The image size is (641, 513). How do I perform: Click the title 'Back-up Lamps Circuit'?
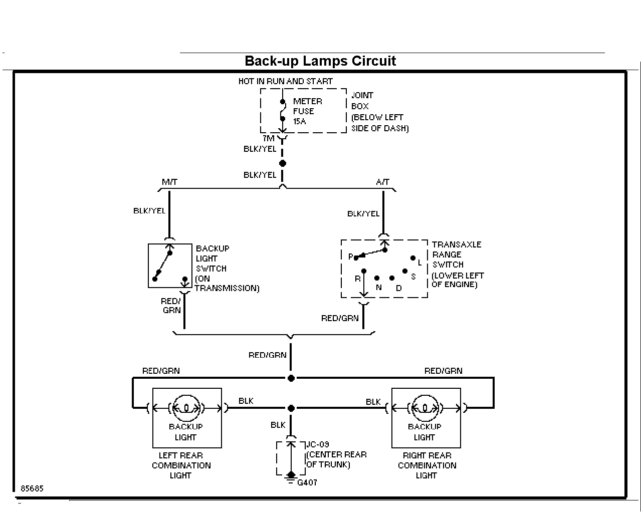(320, 61)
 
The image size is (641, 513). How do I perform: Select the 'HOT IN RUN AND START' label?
(285, 81)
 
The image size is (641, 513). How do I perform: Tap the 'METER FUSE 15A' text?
(307, 111)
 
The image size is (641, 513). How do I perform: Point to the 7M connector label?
(268, 138)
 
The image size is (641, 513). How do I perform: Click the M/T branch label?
(169, 182)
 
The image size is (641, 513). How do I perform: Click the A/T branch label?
(382, 182)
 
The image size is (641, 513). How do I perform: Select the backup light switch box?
(170, 266)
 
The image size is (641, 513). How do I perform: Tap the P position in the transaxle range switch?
(351, 256)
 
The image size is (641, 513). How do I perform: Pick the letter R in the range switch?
(357, 279)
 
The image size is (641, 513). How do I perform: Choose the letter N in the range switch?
(378, 288)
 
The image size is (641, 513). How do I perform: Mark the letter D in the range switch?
(399, 288)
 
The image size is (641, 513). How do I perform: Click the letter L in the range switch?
(419, 263)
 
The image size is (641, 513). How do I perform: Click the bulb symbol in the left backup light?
(186, 408)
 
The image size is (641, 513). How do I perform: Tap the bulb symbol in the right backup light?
(425, 408)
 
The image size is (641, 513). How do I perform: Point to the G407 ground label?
(307, 482)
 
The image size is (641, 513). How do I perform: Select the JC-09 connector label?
(318, 444)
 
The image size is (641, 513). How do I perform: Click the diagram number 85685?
(32, 488)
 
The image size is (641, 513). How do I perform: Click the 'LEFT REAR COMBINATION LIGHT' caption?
(181, 465)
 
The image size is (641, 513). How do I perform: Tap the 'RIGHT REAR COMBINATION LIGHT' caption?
(427, 465)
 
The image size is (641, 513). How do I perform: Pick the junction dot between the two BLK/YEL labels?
(282, 163)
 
